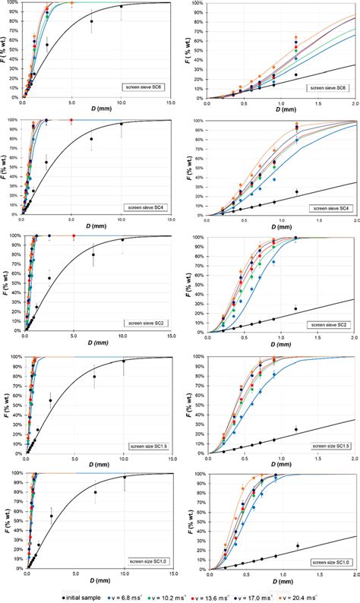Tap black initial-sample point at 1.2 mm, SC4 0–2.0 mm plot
pos(297,191)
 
